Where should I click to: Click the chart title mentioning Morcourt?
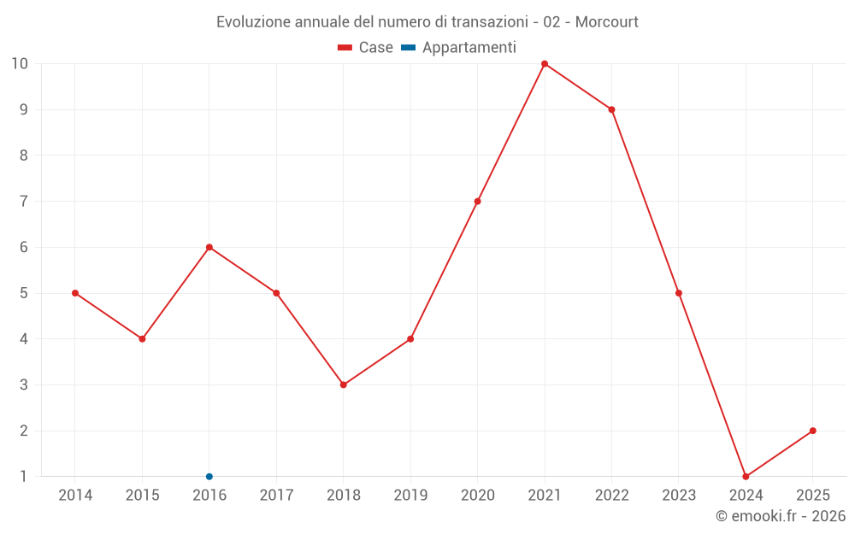[427, 21]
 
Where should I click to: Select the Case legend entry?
[366, 48]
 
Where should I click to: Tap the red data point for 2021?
[545, 64]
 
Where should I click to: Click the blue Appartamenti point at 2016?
[209, 477]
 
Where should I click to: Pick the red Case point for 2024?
[746, 477]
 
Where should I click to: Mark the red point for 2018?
[344, 384]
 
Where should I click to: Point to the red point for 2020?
[478, 202]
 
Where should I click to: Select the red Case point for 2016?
[209, 247]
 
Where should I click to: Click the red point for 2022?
[612, 109]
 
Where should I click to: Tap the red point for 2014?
[75, 293]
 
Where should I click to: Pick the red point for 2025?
[813, 431]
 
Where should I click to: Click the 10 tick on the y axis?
[20, 64]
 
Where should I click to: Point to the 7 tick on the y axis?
[24, 202]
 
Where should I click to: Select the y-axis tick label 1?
[24, 477]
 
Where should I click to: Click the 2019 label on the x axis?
[410, 496]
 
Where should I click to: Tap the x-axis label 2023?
[679, 496]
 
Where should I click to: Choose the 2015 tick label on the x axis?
[142, 496]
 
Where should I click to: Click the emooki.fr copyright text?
[780, 516]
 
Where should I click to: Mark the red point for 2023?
[679, 293]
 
